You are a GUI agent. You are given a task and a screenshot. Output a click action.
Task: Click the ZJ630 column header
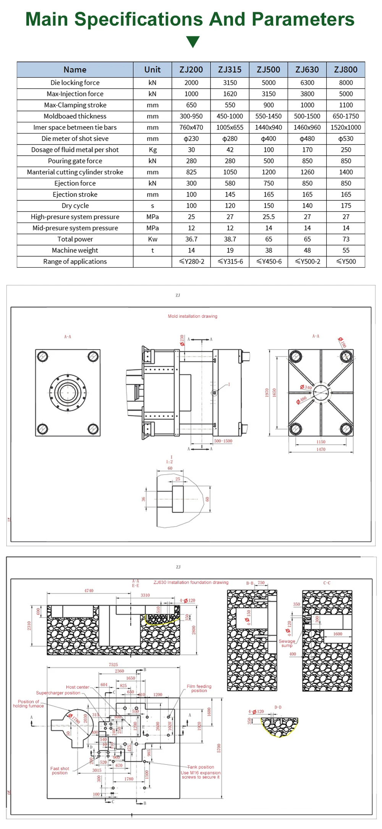pos(307,70)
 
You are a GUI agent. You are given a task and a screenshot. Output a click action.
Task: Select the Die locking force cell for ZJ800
pos(346,83)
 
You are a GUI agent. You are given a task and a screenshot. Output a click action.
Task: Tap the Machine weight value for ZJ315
pos(230,250)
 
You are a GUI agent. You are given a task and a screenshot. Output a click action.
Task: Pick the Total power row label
pos(75,239)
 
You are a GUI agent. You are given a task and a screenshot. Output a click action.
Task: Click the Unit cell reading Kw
pos(152,239)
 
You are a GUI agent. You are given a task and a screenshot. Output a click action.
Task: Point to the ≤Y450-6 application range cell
pos(269,262)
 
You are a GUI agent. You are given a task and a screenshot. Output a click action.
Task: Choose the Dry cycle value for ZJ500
pos(269,206)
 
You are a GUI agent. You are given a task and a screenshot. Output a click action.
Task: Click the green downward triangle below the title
pos(193,42)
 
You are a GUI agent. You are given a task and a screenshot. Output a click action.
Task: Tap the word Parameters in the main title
pos(303,19)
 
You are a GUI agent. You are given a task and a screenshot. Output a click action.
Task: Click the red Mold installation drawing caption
pos(193,316)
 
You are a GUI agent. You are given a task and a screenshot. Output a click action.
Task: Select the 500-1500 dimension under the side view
pos(223,441)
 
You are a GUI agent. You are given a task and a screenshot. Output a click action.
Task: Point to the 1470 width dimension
pos(321,449)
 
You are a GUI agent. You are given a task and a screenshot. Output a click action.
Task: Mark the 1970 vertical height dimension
pos(267,393)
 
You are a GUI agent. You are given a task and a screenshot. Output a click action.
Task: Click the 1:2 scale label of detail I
pos(169,462)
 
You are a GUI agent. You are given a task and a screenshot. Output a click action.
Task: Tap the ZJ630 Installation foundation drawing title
pos(191,582)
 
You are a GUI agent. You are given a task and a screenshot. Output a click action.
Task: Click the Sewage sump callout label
pos(287,643)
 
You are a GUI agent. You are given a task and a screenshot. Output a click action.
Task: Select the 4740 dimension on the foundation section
pos(89,591)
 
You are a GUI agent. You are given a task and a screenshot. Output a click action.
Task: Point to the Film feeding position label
pos(199,688)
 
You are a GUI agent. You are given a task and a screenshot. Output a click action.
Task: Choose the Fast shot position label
pos(60,770)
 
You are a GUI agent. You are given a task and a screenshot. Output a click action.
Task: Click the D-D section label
pos(278,707)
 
